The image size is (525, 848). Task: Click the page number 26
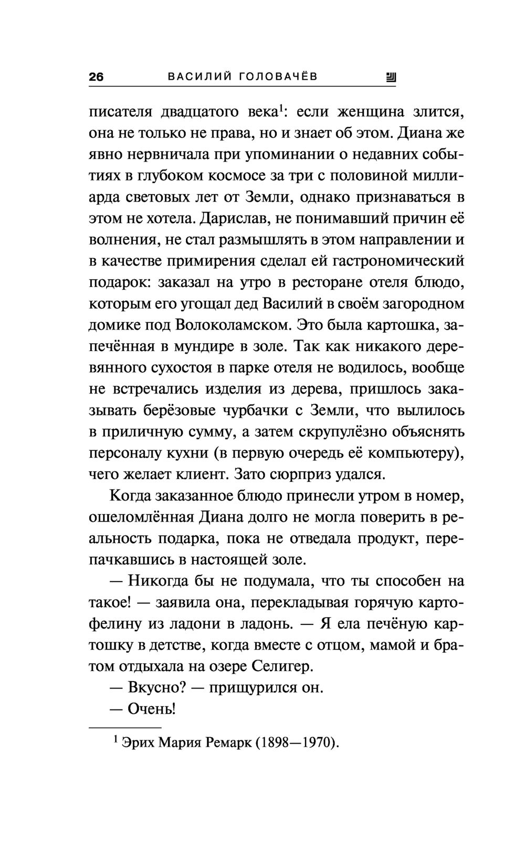tap(97, 77)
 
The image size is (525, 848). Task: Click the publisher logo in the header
tap(391, 78)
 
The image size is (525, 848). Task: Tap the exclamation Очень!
tap(151, 709)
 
